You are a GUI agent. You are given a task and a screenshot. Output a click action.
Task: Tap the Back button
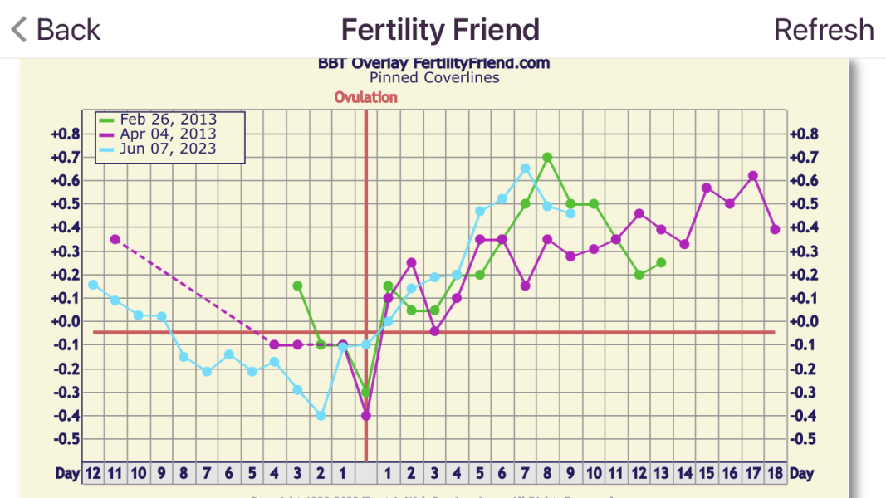click(x=56, y=30)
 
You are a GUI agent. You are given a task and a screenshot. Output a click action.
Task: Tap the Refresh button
click(x=824, y=30)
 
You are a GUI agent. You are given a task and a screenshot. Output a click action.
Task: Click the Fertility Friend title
click(x=440, y=30)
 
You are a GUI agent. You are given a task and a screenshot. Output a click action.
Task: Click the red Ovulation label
click(x=366, y=97)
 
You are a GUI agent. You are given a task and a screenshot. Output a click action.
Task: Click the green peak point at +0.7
click(x=548, y=157)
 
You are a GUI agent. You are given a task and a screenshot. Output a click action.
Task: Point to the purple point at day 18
click(x=775, y=229)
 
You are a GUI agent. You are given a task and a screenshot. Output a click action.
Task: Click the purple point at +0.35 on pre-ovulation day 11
click(x=115, y=239)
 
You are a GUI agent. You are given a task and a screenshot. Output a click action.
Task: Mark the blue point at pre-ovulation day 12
click(x=93, y=285)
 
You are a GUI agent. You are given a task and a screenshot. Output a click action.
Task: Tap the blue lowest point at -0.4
click(x=321, y=416)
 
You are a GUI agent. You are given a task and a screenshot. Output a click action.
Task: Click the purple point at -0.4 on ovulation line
click(x=366, y=416)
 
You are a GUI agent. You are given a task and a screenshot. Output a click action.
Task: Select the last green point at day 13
click(x=661, y=262)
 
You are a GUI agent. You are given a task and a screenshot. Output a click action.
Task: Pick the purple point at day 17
click(x=752, y=176)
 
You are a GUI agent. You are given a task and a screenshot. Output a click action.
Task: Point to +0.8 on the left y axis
click(x=66, y=134)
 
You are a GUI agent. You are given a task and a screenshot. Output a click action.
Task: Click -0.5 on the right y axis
click(x=803, y=439)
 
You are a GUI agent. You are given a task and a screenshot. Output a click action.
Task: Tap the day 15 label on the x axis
click(x=707, y=473)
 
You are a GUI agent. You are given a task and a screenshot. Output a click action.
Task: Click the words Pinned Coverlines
click(x=434, y=78)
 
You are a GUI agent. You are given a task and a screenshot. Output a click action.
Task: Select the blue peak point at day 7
click(x=526, y=168)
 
